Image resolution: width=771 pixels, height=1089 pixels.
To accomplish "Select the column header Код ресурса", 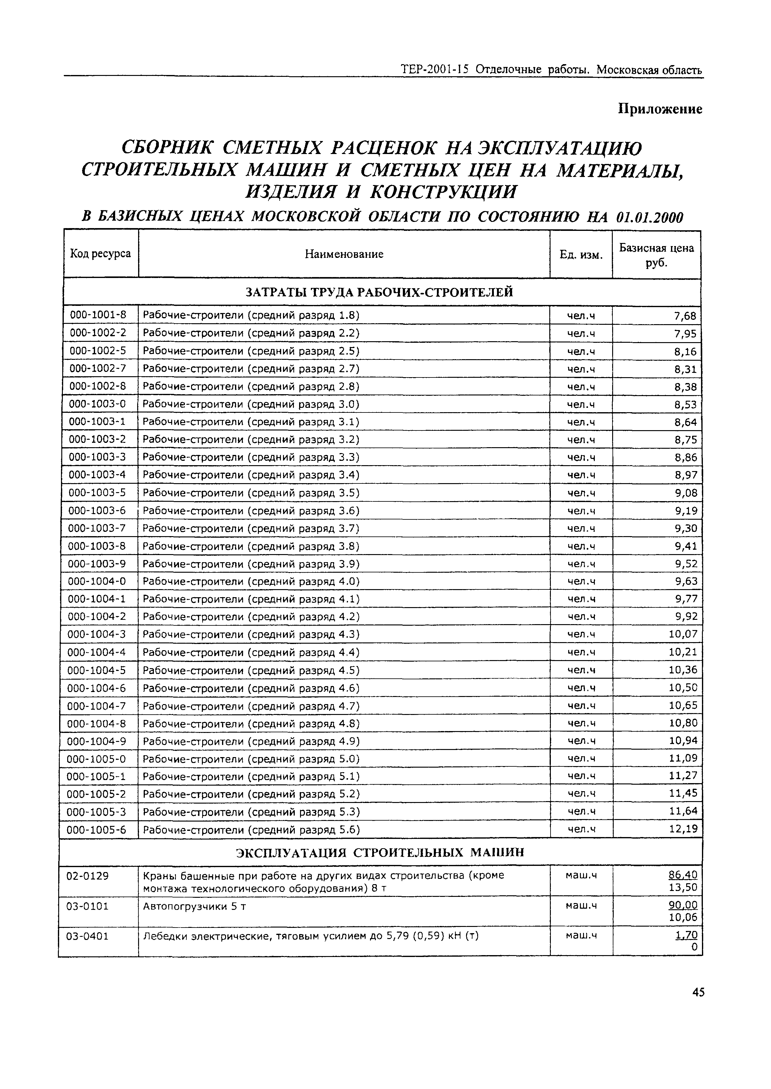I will click(x=100, y=254).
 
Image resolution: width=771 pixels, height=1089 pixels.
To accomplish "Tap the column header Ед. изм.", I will click(x=581, y=255).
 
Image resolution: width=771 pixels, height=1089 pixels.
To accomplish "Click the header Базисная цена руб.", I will click(x=656, y=255).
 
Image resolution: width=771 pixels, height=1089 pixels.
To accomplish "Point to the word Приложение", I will click(x=660, y=109).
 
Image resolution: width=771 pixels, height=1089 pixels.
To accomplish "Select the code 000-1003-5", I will click(x=97, y=493).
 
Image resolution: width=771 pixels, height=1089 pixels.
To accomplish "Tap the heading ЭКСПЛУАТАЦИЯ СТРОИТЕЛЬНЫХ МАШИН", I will click(x=380, y=852).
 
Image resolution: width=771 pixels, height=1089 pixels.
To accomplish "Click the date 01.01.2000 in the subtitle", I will click(x=649, y=218).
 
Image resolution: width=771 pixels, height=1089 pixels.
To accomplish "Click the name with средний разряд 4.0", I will click(x=251, y=581).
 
